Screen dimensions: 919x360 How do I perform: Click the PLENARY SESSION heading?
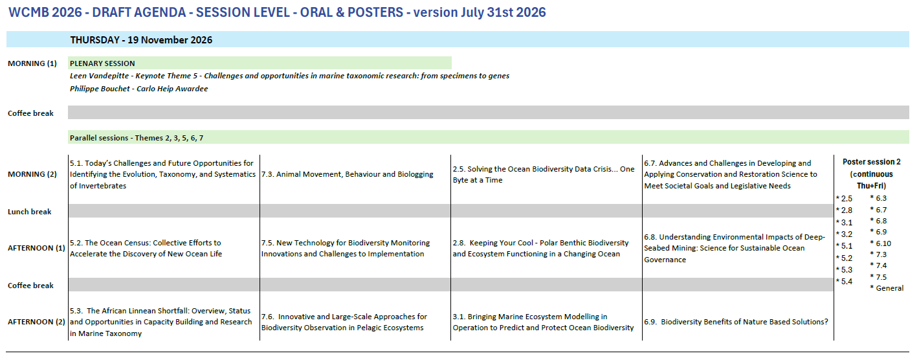coord(102,63)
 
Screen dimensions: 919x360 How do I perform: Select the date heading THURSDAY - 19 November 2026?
coord(141,39)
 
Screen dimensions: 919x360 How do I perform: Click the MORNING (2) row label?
coord(32,174)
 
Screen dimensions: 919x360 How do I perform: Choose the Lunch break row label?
coord(30,212)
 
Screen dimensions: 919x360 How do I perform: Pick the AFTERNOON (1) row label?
coord(36,248)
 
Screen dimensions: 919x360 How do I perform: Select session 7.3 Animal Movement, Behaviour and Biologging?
coord(347,174)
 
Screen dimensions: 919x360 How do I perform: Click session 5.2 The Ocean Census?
coord(146,249)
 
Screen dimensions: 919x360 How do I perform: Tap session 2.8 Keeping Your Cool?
coord(540,249)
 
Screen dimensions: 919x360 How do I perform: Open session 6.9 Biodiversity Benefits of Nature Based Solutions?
coord(736,322)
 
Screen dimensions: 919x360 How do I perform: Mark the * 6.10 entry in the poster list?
coord(880,243)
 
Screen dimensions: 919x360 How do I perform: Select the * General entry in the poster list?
coord(887,288)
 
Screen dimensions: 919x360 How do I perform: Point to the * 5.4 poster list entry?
coord(845,282)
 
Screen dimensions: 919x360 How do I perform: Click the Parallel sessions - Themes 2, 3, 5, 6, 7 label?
coord(136,138)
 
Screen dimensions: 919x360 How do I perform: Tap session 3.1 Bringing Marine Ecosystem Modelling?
coord(543,322)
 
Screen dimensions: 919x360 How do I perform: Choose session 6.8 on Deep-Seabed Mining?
coord(735,249)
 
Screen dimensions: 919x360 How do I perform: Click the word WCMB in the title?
coord(28,12)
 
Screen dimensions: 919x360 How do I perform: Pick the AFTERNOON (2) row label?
coord(36,322)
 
